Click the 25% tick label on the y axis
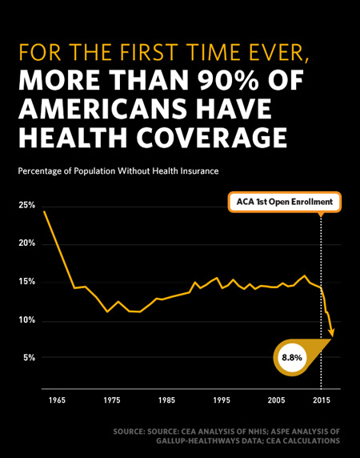27,205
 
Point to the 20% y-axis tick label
27,243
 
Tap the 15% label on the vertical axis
27,282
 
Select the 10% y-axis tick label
27,320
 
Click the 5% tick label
29,358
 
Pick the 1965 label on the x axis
57,400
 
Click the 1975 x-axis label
112,400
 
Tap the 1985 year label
166,400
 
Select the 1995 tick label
222,400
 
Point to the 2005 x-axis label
276,400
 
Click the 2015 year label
322,400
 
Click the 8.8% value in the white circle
292,358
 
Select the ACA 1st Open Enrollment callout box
285,202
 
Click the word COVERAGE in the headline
212,138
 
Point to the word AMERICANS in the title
102,109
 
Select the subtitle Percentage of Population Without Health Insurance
118,171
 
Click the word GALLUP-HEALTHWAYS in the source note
195,440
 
